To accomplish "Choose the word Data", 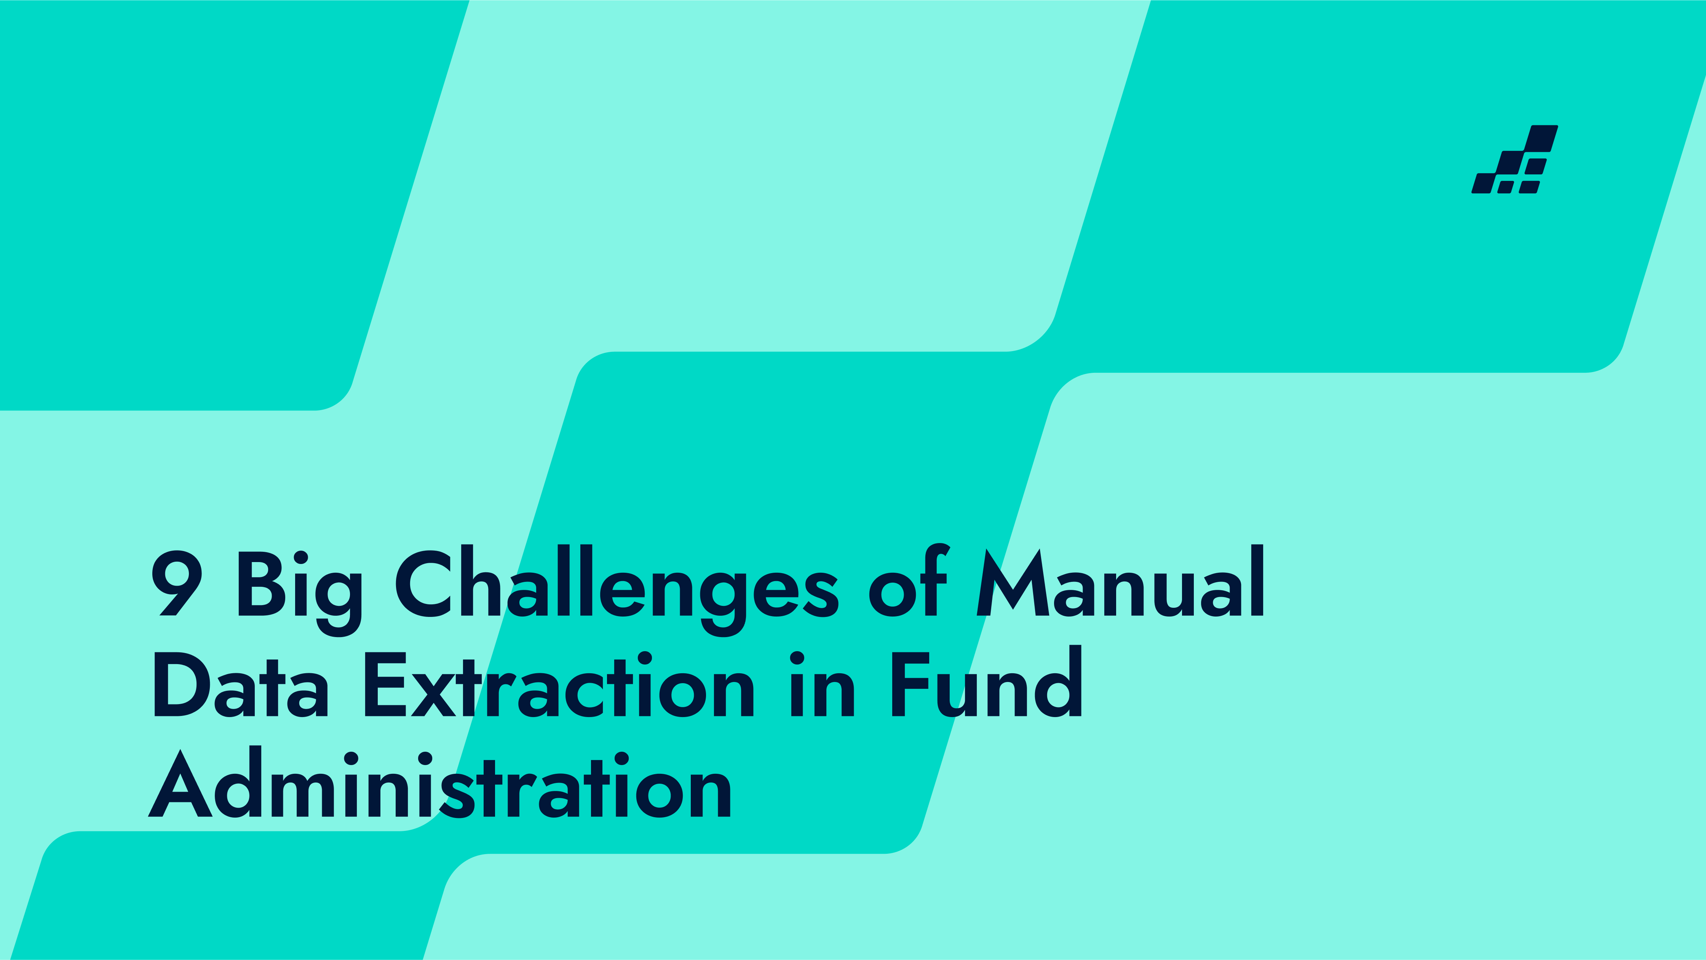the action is click(241, 685).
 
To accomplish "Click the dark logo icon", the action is click(1514, 160).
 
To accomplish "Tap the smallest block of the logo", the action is click(1505, 187).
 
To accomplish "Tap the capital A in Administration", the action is click(180, 783).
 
